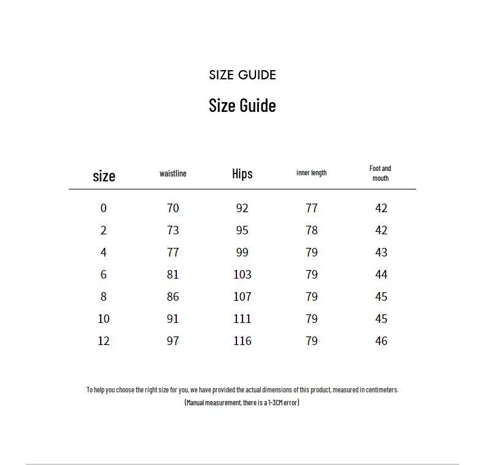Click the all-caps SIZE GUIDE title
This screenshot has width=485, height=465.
(243, 75)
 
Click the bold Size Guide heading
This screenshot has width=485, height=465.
(243, 105)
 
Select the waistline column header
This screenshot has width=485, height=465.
(173, 173)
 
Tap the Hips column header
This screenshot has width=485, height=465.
(243, 173)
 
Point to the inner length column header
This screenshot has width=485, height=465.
(311, 173)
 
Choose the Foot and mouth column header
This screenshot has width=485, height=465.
(381, 173)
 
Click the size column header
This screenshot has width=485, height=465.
(104, 176)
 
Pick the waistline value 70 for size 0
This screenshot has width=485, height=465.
(173, 208)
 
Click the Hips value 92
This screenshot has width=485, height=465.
(243, 208)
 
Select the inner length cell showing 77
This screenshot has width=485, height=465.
(311, 208)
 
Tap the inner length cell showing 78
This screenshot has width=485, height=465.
(311, 230)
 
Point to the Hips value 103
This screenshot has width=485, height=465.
(243, 274)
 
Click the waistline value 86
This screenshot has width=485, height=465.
(173, 296)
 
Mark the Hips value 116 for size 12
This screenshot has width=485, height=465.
(243, 341)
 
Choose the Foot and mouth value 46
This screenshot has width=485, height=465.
(381, 341)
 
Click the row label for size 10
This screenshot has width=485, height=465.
(104, 319)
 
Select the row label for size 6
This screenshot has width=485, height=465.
(104, 274)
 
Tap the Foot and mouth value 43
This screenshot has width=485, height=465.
(381, 252)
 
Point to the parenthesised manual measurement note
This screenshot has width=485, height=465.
(242, 402)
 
